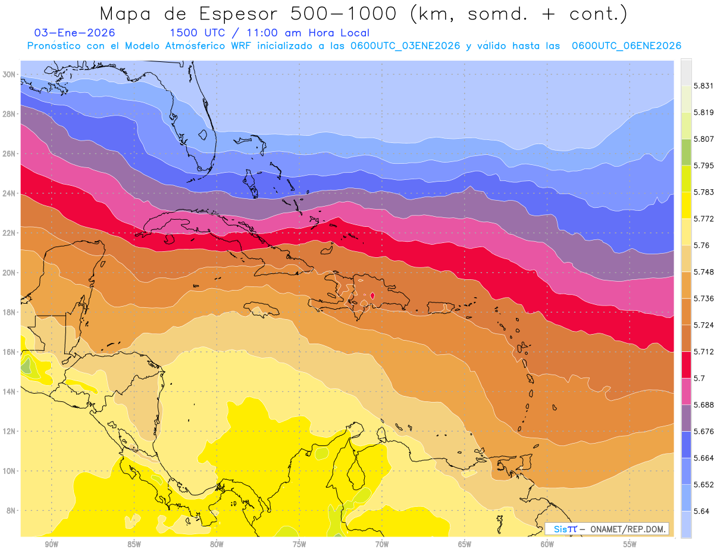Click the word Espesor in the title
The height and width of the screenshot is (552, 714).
(x=237, y=14)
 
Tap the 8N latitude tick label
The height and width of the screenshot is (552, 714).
(x=11, y=510)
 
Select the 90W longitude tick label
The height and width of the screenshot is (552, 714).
(x=51, y=544)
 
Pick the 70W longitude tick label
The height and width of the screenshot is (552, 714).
(x=382, y=544)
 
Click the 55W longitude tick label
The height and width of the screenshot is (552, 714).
(x=630, y=544)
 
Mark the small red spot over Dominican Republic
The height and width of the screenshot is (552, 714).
(x=372, y=295)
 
